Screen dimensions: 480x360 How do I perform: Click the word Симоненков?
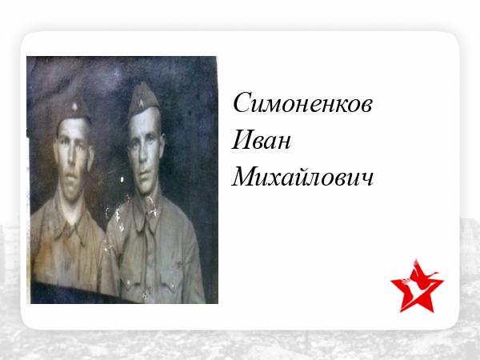[x=302, y=102]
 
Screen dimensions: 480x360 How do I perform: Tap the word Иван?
[x=261, y=140]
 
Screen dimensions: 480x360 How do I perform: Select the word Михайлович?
[x=302, y=177]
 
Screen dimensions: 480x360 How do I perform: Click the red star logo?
[x=417, y=286]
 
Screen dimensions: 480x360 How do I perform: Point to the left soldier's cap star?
[x=74, y=107]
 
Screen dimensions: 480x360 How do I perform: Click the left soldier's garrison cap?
[x=72, y=109]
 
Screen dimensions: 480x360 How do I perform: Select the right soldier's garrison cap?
[x=143, y=99]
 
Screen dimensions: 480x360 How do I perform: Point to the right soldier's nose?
[x=142, y=153]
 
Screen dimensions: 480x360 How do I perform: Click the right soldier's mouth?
[x=142, y=172]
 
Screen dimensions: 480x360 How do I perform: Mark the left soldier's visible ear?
[x=90, y=158]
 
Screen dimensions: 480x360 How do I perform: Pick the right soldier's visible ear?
[x=162, y=143]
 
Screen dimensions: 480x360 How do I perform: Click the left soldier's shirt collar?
[x=70, y=222]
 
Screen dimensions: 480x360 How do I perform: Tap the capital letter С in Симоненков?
[x=242, y=102]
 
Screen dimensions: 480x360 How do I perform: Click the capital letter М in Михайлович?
[x=245, y=177]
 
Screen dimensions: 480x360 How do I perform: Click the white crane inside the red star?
[x=420, y=280]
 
